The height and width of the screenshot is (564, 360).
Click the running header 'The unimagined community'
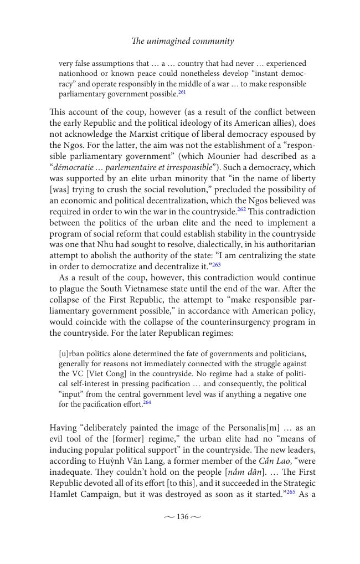click(x=182, y=41)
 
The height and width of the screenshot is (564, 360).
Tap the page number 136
click(x=182, y=517)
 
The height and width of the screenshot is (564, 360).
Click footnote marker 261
click(x=182, y=93)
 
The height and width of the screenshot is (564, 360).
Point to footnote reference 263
click(x=216, y=265)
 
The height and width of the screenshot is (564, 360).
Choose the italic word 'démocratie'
click(x=74, y=167)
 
